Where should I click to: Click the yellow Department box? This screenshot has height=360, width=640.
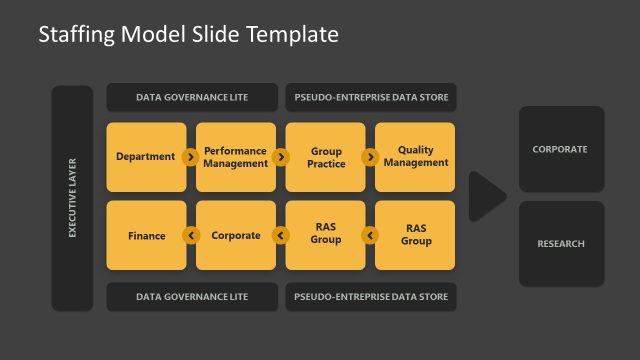(145, 157)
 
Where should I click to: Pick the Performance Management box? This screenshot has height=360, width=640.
(236, 157)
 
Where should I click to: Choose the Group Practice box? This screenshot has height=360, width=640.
(326, 157)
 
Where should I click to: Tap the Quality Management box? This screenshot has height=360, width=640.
(415, 157)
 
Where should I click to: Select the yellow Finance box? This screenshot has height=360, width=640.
(146, 236)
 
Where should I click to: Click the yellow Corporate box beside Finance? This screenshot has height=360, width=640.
(236, 236)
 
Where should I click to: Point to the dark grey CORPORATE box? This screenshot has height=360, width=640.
(560, 150)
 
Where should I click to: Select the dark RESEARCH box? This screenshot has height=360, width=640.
(560, 244)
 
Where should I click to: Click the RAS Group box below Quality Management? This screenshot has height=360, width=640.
(415, 236)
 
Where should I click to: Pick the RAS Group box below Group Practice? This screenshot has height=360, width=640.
(326, 236)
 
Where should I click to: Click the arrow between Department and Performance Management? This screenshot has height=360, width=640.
(190, 157)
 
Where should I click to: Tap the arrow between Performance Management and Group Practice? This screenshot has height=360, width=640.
(280, 157)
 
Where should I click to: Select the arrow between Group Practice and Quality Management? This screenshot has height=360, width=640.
(370, 157)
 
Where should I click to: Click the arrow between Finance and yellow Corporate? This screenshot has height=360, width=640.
(190, 236)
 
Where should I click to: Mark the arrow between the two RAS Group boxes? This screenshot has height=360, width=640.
(370, 236)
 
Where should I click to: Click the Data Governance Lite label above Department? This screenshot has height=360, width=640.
(192, 98)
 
